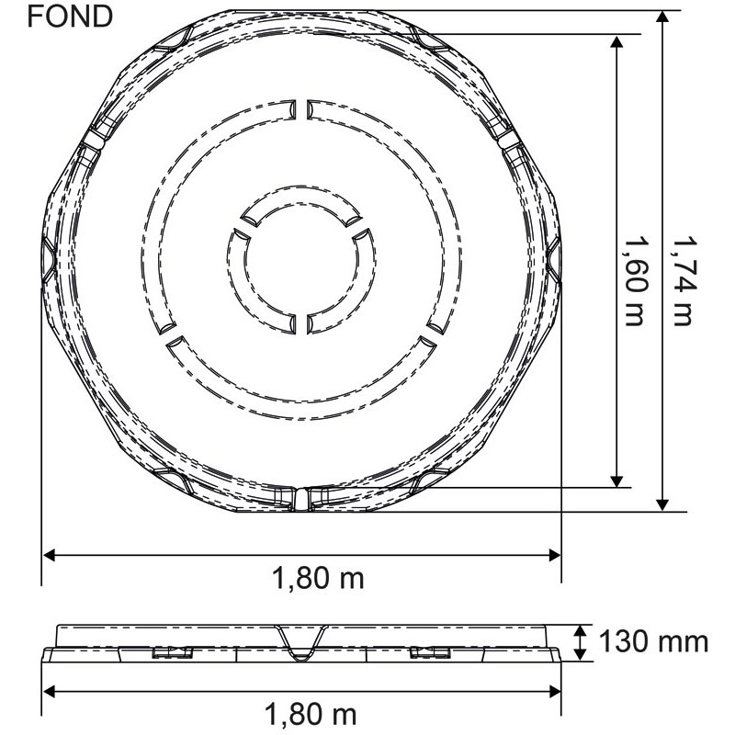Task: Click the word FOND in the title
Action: (x=70, y=17)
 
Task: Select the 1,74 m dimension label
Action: (x=683, y=280)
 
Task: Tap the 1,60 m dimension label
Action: (x=636, y=280)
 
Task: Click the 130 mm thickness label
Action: (x=653, y=641)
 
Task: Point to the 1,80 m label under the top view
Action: (x=318, y=578)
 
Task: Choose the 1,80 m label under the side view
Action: (x=311, y=715)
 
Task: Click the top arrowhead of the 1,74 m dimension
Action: (x=661, y=17)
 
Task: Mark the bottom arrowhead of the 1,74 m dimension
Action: (x=661, y=503)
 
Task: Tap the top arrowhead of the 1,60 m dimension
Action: (x=616, y=41)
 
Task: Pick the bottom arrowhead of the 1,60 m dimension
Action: (x=616, y=481)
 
